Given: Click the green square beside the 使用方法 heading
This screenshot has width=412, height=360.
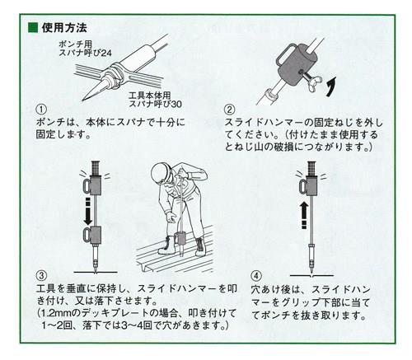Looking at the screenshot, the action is (33, 28).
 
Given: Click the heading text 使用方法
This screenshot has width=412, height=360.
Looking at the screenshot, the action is (64, 28).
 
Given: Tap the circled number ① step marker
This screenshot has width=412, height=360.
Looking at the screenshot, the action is (41, 110).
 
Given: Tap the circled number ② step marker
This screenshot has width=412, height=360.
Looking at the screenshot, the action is (230, 110).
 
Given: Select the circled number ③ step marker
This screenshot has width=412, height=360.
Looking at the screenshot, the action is (41, 275).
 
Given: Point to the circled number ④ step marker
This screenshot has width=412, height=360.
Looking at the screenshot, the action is (256, 275).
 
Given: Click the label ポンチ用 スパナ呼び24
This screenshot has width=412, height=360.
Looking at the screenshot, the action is (85, 49).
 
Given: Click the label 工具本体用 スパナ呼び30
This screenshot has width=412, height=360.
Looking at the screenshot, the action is (155, 100).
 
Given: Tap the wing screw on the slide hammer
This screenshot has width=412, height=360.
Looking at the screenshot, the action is (312, 80).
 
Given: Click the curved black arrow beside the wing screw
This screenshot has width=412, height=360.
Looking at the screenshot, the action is (331, 86).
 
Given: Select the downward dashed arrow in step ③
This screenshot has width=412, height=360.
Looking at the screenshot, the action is (88, 211).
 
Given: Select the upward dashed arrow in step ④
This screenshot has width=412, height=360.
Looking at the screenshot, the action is (304, 215).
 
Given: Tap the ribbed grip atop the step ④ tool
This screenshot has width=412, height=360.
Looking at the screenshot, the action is (311, 168).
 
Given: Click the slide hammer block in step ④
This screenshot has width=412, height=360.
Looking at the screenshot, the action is (309, 185).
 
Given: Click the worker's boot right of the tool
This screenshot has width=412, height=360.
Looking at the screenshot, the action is (200, 246).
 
